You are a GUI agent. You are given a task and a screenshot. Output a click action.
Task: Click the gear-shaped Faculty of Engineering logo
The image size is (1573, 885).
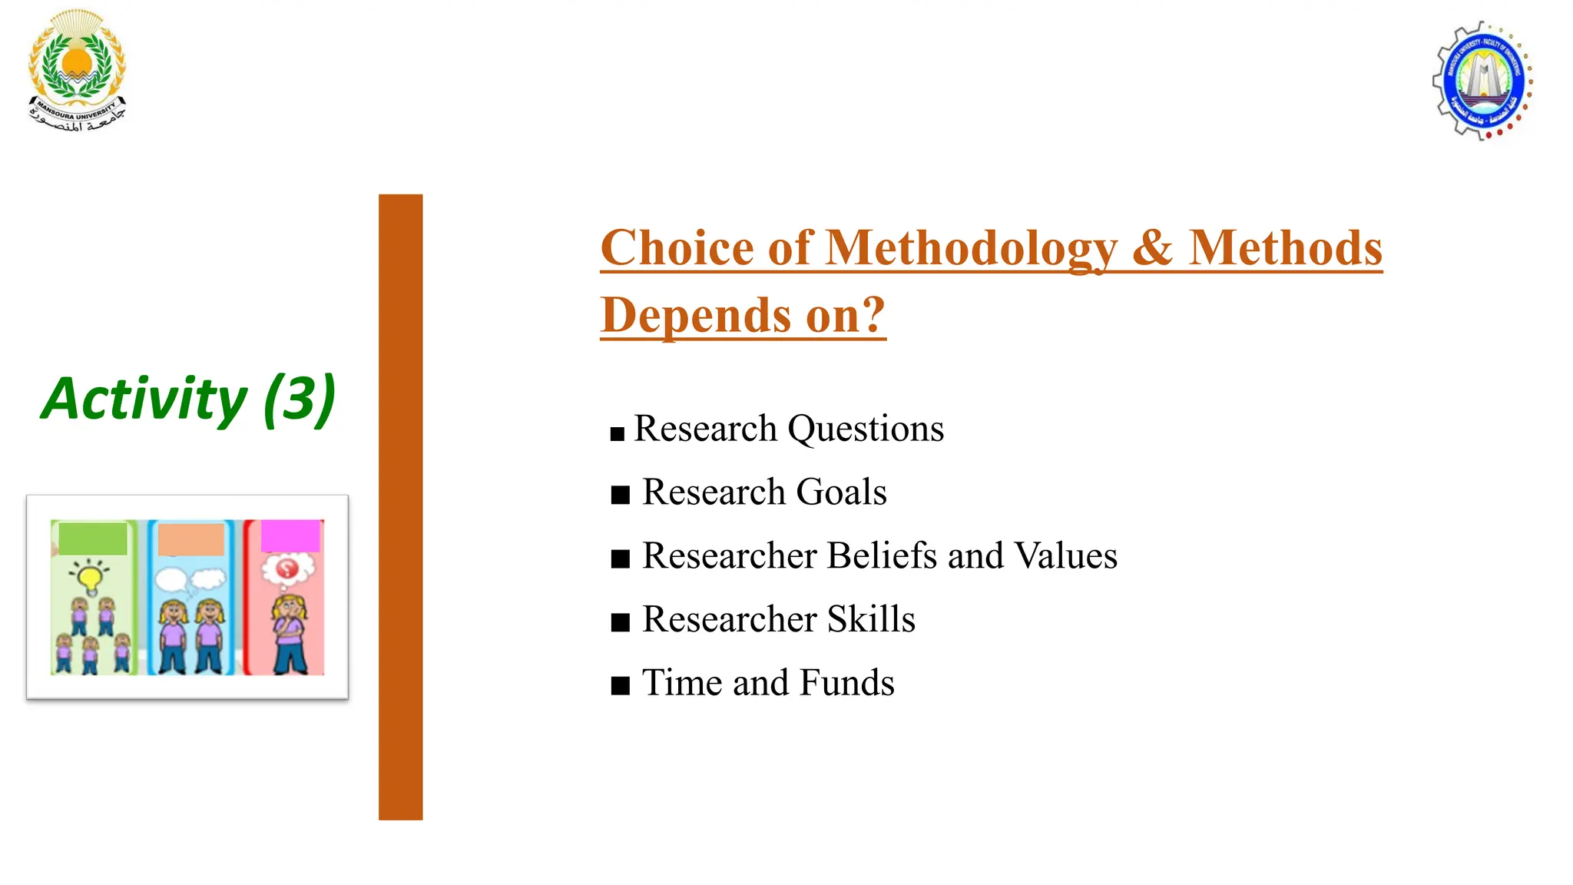point(1482,81)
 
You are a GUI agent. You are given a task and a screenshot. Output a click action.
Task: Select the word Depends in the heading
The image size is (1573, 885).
point(696,315)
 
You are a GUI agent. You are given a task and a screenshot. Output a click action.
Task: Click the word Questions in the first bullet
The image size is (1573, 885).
point(866,429)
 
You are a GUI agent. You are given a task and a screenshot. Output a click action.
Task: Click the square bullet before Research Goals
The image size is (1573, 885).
point(621,495)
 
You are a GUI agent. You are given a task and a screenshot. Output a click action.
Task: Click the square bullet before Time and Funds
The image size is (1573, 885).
point(621,685)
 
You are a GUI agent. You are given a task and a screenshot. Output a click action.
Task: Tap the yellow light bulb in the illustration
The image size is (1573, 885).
point(90,577)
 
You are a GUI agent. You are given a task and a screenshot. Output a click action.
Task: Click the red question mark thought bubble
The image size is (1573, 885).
point(287,569)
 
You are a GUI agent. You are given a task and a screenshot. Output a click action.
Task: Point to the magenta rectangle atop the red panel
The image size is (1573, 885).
point(290,535)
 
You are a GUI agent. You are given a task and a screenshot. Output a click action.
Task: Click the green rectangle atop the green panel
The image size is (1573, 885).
point(93,539)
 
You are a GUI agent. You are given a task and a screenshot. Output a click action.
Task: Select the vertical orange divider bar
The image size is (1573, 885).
point(400,507)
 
